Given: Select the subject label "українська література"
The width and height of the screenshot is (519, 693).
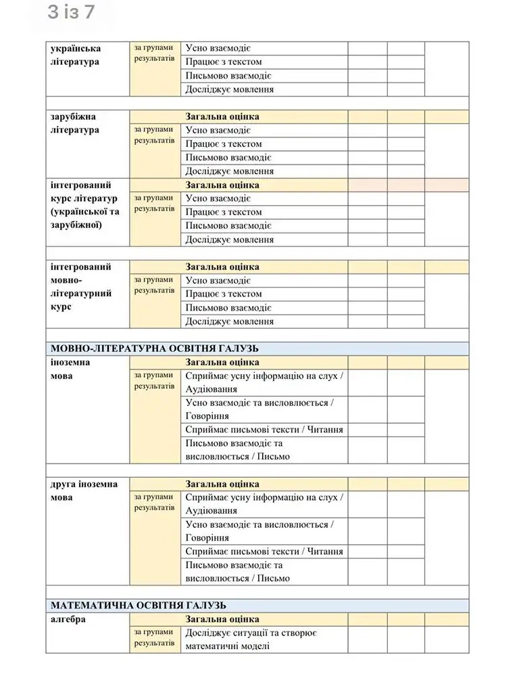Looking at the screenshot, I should (x=75, y=55).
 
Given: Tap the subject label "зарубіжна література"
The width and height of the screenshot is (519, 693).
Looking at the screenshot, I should (x=75, y=123).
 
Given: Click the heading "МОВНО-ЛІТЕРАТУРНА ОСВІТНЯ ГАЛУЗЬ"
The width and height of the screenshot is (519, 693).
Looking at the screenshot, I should (x=155, y=349).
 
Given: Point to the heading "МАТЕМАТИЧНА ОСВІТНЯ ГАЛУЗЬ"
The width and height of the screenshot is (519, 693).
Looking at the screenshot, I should (x=139, y=605).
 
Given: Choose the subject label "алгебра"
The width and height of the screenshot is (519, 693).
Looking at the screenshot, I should (x=68, y=619).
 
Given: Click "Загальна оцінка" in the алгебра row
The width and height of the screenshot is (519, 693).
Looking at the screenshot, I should (x=222, y=619).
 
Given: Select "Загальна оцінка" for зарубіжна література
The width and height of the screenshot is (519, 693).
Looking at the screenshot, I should (x=222, y=116).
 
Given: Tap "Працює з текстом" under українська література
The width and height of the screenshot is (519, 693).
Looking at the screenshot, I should (x=224, y=62).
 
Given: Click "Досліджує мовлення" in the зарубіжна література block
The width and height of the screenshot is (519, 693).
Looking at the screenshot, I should (x=230, y=171).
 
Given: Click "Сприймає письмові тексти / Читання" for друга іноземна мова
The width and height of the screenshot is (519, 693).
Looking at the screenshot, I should (x=264, y=552).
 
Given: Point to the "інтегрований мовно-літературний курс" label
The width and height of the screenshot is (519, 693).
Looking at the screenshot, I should (x=81, y=287).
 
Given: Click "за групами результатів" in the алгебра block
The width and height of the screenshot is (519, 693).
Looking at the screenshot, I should (x=153, y=638).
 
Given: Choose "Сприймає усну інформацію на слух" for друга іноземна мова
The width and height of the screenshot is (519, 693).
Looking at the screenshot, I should (x=264, y=504).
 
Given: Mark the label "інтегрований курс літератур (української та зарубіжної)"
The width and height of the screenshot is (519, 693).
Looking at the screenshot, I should (x=84, y=205).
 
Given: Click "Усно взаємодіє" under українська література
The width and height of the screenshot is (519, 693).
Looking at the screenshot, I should (x=218, y=49).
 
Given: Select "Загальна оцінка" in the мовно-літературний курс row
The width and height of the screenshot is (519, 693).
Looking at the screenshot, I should (x=222, y=267).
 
